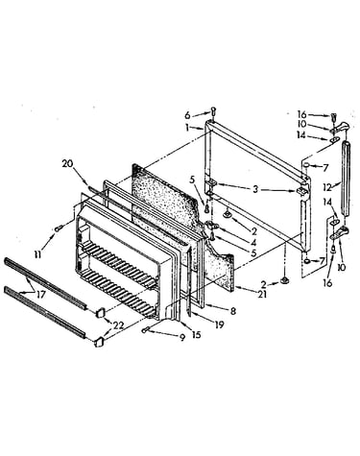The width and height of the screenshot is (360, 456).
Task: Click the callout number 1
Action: click(x=186, y=128)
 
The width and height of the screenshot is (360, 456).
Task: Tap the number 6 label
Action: click(x=187, y=115)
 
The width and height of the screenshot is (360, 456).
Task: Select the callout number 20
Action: click(x=67, y=164)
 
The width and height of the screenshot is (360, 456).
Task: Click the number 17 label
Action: click(x=41, y=295)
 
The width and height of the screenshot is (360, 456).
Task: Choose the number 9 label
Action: click(x=182, y=338)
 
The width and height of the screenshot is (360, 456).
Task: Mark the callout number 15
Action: click(x=196, y=334)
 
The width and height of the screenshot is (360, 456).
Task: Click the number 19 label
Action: click(x=220, y=324)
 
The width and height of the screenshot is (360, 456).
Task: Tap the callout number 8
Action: click(x=233, y=310)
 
